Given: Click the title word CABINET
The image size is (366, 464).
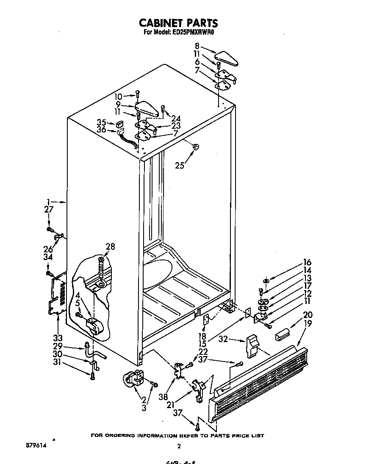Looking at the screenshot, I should (160, 23).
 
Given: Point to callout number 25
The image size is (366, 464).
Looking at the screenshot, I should (180, 166).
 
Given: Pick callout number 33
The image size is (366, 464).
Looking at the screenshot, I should (58, 338).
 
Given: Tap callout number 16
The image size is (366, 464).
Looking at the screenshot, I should (307, 262).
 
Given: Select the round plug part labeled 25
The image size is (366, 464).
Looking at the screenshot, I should (196, 147).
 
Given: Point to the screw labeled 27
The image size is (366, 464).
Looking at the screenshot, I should (50, 229).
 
